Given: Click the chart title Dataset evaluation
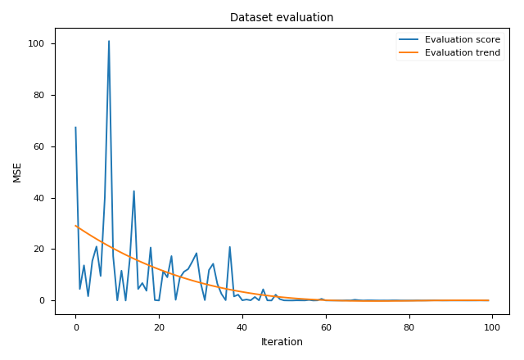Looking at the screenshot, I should (x=282, y=17).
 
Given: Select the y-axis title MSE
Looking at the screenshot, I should (x=17, y=172).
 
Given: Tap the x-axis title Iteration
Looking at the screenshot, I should (x=282, y=342).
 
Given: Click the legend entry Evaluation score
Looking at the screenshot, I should (x=462, y=39).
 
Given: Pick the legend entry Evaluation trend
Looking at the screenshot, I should (x=462, y=53).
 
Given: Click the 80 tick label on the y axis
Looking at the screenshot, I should (x=43, y=95).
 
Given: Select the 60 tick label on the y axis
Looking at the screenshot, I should (x=43, y=146).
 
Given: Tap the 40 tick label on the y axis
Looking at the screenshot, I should (x=43, y=198).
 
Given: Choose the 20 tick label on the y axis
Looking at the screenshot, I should (x=43, y=250).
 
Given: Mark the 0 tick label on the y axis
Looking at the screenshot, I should (x=46, y=301).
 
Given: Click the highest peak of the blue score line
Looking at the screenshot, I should (x=109, y=41).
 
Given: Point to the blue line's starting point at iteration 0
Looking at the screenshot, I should (x=75, y=128).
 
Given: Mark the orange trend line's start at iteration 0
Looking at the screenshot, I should (x=75, y=226).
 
